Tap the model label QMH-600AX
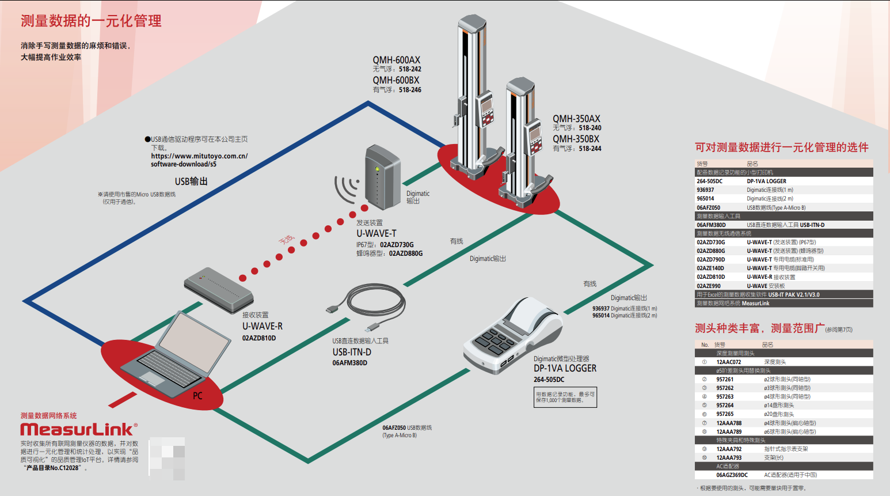pyautogui.click(x=396, y=60)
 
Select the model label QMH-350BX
pyautogui.click(x=576, y=139)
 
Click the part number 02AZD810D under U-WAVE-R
pyautogui.click(x=259, y=338)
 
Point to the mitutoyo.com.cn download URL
pyautogui.click(x=199, y=160)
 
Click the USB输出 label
pyautogui.click(x=191, y=181)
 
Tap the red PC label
pyautogui.click(x=197, y=396)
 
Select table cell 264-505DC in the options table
pyautogui.click(x=709, y=181)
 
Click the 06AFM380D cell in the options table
pyautogui.click(x=711, y=225)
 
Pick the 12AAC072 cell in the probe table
pyautogui.click(x=728, y=362)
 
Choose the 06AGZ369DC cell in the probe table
pyautogui.click(x=732, y=475)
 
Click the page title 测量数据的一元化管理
pyautogui.click(x=91, y=21)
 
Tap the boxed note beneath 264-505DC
pyautogui.click(x=565, y=397)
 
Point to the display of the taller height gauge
pyautogui.click(x=487, y=107)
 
